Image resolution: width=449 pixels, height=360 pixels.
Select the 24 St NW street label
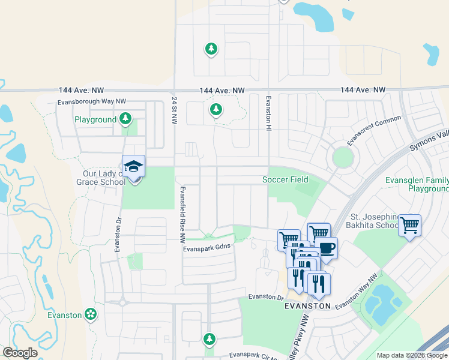pos(174,112)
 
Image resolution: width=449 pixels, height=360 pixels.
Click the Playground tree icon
pos(125,119)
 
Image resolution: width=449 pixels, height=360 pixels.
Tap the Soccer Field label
pos(285,179)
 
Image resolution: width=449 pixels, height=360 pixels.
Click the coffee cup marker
pos(326,248)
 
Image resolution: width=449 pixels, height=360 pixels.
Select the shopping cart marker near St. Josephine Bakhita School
pos(410,226)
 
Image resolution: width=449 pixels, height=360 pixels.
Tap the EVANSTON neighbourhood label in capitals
pos(307,305)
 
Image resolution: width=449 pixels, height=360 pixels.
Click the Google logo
pos(20,353)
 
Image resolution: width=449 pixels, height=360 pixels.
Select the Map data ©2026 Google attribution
pos(411,355)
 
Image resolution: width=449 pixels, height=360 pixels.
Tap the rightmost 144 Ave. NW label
pos(363,90)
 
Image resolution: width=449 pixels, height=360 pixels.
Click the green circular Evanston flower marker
pos(91,314)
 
